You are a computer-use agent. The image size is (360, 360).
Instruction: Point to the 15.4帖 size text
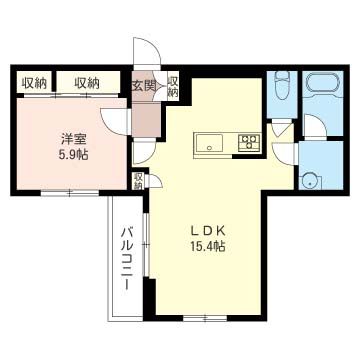[208, 245]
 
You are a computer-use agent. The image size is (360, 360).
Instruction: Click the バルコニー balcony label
[128, 258]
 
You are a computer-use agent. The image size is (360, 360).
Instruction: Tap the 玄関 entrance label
[144, 87]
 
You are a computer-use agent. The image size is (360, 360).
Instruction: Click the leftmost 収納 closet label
[34, 83]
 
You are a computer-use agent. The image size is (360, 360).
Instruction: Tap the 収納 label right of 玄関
[172, 87]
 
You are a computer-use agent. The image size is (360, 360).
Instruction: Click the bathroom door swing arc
[314, 128]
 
